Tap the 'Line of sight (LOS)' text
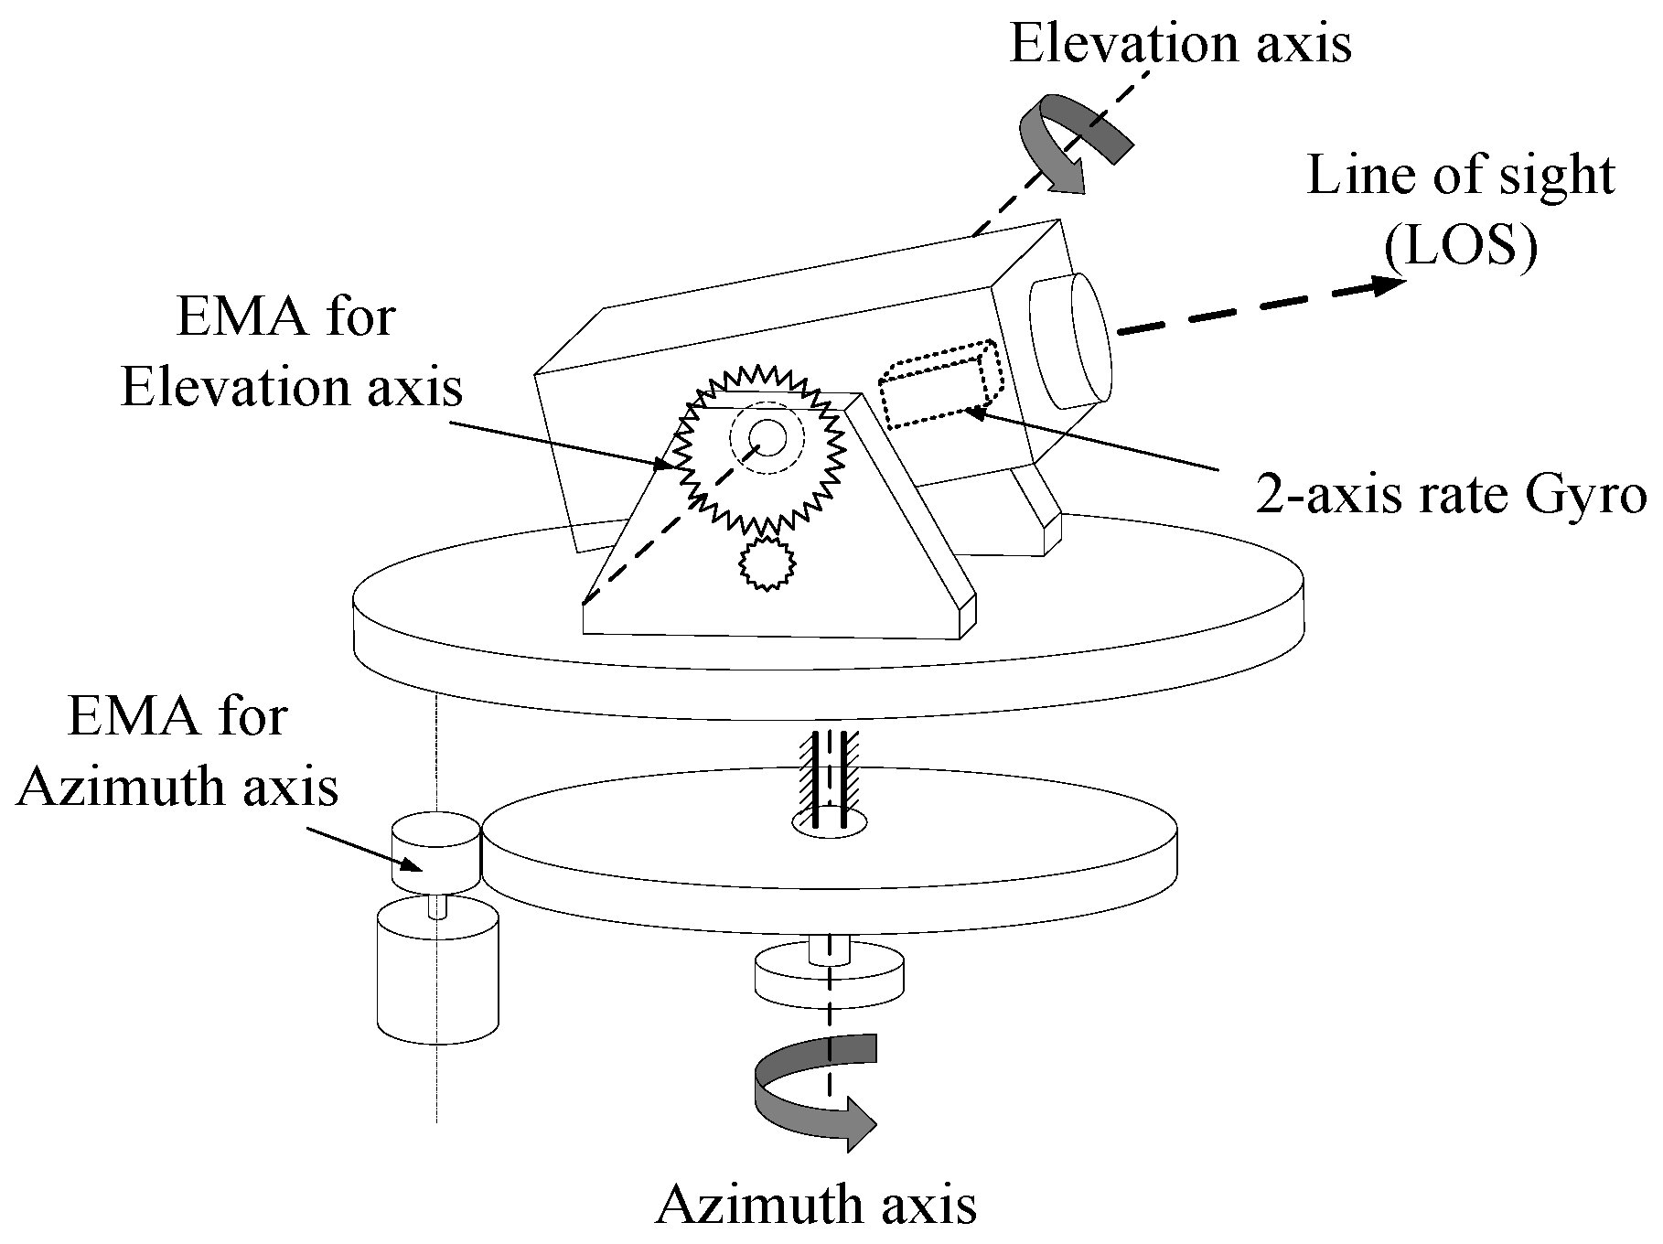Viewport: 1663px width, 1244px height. point(1460,210)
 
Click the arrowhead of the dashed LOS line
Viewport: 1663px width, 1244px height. point(1387,285)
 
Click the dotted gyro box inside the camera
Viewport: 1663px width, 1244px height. point(941,383)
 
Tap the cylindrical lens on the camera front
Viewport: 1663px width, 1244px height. point(1070,340)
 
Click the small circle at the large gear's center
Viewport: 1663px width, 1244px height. point(767,437)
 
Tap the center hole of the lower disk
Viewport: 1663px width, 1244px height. point(829,823)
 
